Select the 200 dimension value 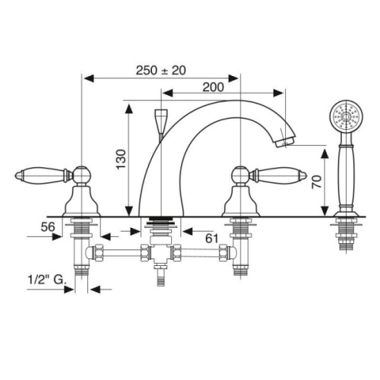coord(214,86)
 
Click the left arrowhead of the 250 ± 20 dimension coord(86,78)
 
